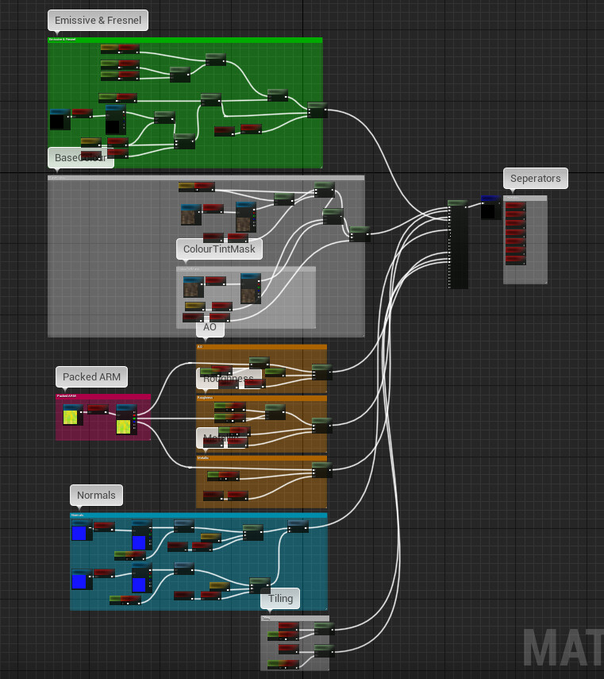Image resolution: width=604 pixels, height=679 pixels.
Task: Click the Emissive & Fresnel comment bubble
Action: click(x=98, y=21)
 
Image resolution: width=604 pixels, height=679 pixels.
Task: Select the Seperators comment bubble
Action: click(x=535, y=179)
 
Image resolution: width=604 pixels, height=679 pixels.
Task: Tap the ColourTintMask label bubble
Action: click(x=220, y=249)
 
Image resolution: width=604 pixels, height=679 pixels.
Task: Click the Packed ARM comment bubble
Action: click(x=91, y=376)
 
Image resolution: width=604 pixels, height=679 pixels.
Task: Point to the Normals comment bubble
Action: click(x=96, y=496)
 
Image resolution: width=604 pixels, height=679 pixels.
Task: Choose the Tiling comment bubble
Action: click(x=280, y=599)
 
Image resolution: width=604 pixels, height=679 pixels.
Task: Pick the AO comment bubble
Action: click(x=210, y=327)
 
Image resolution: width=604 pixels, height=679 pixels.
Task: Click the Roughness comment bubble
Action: click(x=228, y=379)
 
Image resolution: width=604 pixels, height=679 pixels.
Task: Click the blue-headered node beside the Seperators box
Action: click(x=490, y=206)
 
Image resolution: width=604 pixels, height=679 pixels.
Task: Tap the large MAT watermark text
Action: click(x=563, y=647)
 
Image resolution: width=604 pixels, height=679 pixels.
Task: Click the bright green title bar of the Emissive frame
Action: click(x=184, y=39)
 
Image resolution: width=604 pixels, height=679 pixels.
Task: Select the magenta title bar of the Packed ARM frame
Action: click(x=102, y=395)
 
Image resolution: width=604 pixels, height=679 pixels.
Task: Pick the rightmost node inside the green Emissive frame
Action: click(x=317, y=110)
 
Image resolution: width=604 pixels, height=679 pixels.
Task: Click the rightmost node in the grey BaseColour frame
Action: click(x=360, y=233)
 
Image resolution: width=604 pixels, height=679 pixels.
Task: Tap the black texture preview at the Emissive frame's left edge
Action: click(x=57, y=120)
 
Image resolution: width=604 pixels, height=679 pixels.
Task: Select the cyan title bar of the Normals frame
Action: click(x=198, y=515)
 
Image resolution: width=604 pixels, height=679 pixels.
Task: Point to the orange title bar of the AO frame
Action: click(x=261, y=346)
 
